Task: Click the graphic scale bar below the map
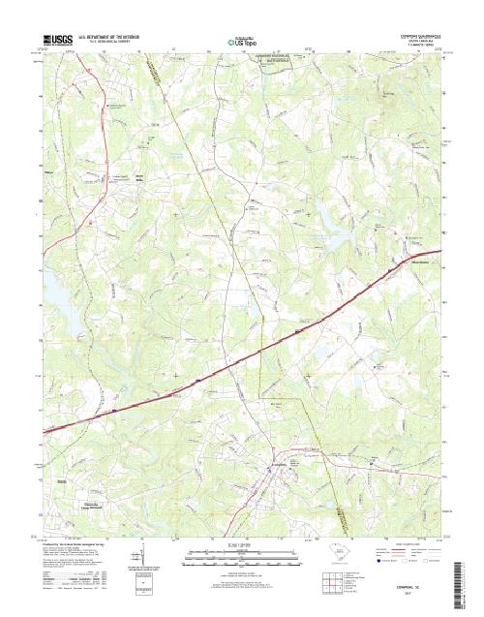(x=242, y=554)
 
